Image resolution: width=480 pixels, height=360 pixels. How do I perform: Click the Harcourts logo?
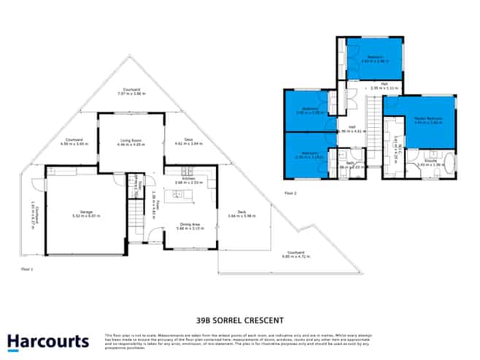tap(48, 341)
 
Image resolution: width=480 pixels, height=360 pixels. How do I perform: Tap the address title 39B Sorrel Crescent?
tap(239, 320)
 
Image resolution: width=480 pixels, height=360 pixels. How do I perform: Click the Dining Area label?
tap(190, 226)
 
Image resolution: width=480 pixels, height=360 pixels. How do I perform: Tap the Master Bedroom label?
tap(428, 120)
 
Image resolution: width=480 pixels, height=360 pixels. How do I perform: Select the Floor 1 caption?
tap(28, 269)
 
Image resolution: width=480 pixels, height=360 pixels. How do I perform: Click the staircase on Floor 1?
tap(136, 219)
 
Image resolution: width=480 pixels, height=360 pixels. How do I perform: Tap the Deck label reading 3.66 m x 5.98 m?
tap(241, 214)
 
